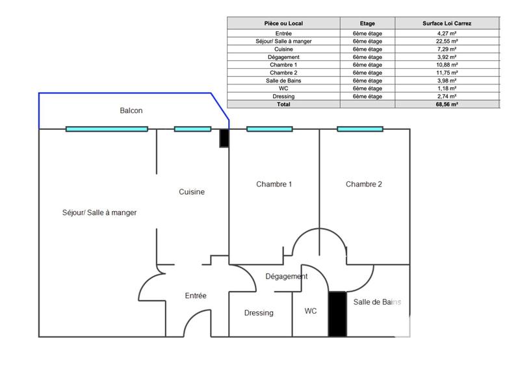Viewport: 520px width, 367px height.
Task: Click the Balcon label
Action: [x=131, y=111]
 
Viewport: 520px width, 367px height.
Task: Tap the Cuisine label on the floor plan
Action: [x=192, y=192]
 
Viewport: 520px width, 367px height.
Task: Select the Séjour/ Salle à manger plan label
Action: [x=99, y=212]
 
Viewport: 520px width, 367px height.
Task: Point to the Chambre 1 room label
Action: [x=274, y=184]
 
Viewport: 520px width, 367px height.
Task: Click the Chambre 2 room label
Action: [x=364, y=184]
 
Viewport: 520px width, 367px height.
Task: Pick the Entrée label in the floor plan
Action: [x=196, y=296]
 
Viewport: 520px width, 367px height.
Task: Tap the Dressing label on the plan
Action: [x=259, y=313]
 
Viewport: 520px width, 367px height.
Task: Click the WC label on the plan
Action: [x=311, y=312]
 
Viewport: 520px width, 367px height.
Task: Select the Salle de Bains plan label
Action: [x=377, y=303]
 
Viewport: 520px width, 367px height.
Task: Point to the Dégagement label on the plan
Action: [x=287, y=277]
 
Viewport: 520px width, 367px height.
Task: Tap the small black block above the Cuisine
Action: [x=224, y=138]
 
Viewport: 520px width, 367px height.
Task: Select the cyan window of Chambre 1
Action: [x=269, y=129]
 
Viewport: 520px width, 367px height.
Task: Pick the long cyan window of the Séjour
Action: [x=107, y=129]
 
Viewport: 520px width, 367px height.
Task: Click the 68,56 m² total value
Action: [x=448, y=104]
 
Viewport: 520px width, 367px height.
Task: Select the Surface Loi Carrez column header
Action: [x=448, y=23]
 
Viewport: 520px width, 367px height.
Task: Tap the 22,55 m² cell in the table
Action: [x=448, y=41]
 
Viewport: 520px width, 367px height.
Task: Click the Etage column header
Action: [x=367, y=23]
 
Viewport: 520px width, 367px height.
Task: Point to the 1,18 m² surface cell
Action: [x=448, y=88]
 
